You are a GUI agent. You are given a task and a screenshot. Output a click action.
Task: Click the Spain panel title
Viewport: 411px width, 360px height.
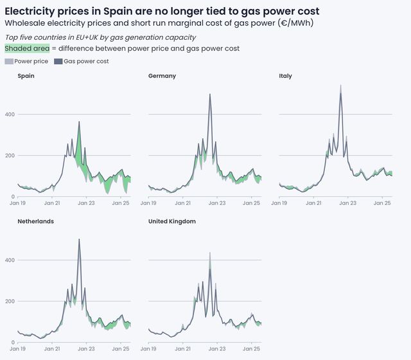[26, 76]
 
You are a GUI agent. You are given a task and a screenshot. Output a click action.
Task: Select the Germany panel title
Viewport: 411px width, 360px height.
[162, 76]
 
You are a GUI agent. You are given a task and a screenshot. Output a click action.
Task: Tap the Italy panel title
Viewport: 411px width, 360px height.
[285, 76]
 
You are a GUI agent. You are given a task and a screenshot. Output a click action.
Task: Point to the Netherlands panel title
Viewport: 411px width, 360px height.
[35, 221]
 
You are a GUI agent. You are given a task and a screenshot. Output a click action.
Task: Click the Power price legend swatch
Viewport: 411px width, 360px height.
[8, 62]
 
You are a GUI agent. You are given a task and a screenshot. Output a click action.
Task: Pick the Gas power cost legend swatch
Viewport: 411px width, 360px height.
[58, 62]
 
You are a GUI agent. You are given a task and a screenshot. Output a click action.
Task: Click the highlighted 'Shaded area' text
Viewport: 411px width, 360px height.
[27, 48]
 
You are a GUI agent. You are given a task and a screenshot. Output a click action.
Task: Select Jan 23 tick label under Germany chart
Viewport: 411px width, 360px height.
[218, 203]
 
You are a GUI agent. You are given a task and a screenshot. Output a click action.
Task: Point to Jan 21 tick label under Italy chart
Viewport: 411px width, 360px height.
[314, 203]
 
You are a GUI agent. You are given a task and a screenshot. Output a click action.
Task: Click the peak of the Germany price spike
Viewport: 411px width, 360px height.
[210, 94]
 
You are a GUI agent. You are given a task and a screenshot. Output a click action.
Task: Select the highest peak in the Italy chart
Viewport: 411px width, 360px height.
[340, 85]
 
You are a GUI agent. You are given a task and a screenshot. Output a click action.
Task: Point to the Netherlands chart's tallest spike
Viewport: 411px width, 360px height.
[79, 239]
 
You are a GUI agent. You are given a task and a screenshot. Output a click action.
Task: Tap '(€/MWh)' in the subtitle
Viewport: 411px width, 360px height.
[295, 23]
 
